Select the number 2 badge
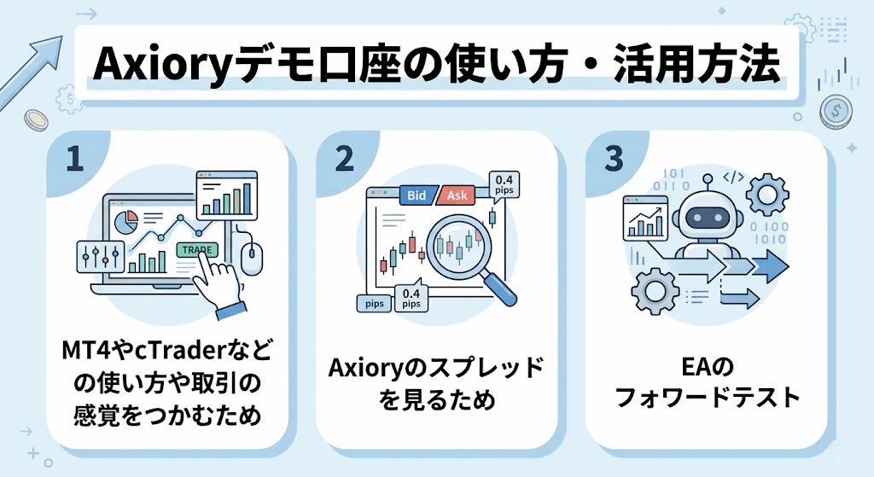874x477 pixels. pyautogui.click(x=344, y=159)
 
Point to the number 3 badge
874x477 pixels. pyautogui.click(x=613, y=159)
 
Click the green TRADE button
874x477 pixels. pyautogui.click(x=196, y=249)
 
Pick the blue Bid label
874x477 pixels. pyautogui.click(x=416, y=196)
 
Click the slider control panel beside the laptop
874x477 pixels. pyautogui.click(x=95, y=256)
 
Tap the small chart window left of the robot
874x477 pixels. pyautogui.click(x=646, y=216)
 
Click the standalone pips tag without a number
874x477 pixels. pyautogui.click(x=374, y=303)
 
